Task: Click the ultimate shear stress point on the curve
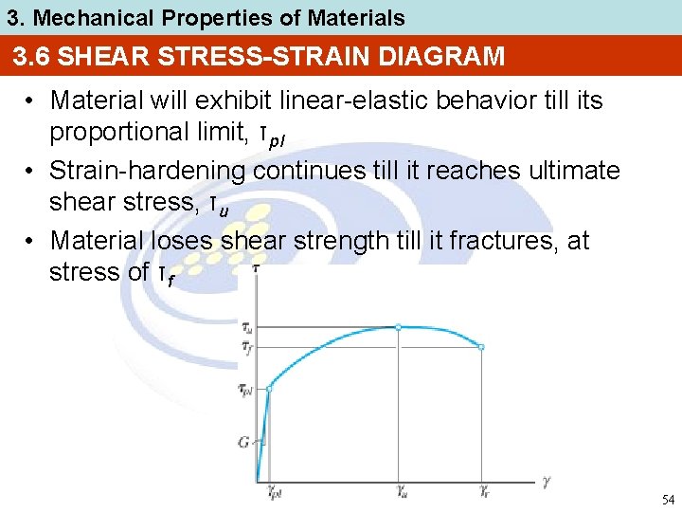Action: tap(398, 327)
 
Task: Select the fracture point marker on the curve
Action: tap(481, 348)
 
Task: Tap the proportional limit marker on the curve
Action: tap(269, 389)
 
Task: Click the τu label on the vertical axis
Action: tap(246, 328)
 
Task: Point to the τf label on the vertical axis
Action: tap(246, 348)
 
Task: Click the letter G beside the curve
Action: tap(243, 441)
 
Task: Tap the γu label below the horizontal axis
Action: tap(402, 492)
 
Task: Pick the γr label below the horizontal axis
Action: tap(483, 492)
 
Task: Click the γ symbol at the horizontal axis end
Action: tap(547, 481)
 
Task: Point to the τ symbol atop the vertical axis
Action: tap(257, 269)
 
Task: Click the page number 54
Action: tap(667, 500)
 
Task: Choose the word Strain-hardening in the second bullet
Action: tap(146, 171)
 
